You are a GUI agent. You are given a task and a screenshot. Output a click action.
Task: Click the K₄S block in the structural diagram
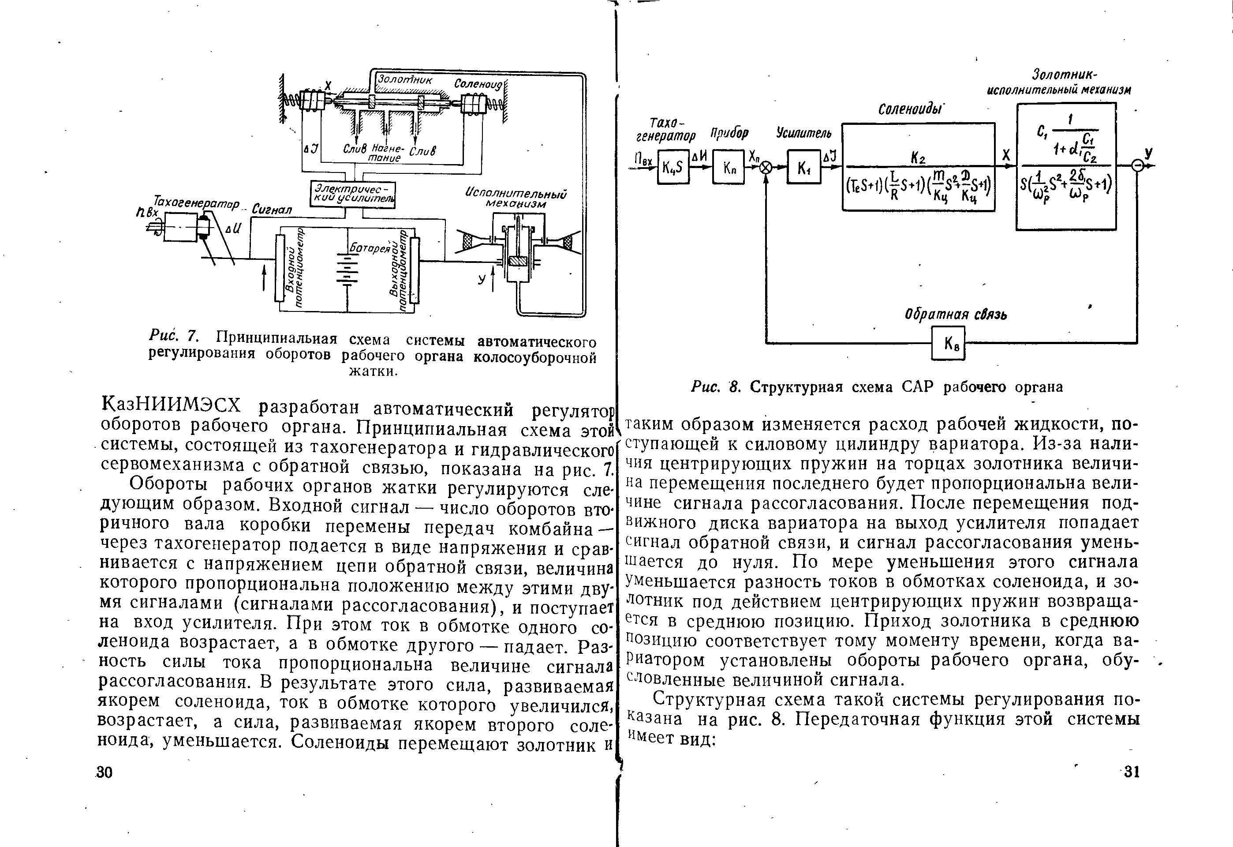pyautogui.click(x=673, y=167)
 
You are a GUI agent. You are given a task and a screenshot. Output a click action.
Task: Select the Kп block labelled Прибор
pyautogui.click(x=728, y=167)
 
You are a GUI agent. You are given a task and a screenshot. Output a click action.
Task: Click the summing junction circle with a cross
pyautogui.click(x=766, y=168)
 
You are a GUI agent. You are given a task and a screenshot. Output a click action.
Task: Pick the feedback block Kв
pyautogui.click(x=948, y=343)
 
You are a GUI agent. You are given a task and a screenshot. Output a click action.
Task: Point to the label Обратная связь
pyautogui.click(x=956, y=315)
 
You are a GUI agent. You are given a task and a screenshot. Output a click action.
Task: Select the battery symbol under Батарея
pyautogui.click(x=347, y=271)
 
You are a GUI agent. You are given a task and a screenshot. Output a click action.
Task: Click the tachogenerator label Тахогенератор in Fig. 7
pyautogui.click(x=196, y=202)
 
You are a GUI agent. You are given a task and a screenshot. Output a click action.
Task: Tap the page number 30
pyautogui.click(x=105, y=772)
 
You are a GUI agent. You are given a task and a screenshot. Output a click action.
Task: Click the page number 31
pyautogui.click(x=1131, y=772)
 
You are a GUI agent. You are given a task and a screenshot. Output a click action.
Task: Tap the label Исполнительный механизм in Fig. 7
pyautogui.click(x=516, y=199)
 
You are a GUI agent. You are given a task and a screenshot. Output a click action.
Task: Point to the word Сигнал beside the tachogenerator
pyautogui.click(x=272, y=210)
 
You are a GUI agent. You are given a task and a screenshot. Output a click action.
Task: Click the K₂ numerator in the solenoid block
pyautogui.click(x=918, y=157)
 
